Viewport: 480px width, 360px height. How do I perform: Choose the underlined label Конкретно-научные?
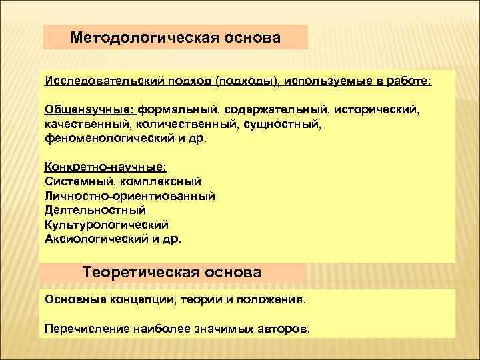(96, 167)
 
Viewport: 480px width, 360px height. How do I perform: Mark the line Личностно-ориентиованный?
(130, 195)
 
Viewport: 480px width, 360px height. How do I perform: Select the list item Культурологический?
(107, 224)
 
